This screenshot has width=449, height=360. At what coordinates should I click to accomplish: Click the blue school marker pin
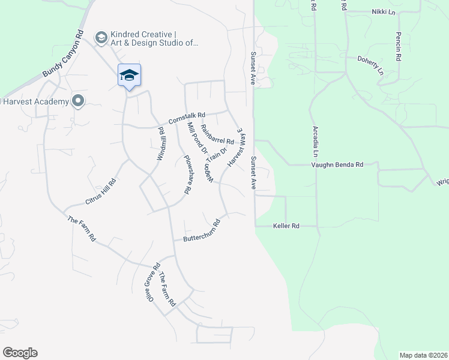coord(129,76)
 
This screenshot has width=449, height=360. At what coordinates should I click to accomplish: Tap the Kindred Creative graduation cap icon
coord(101,38)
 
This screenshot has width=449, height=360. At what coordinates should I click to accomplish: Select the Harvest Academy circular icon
coord(77,101)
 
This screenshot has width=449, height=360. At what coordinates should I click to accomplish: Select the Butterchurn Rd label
coord(202,230)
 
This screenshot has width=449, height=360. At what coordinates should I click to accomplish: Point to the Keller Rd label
coord(286,226)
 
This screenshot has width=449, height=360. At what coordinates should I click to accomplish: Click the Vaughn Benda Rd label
coord(337,164)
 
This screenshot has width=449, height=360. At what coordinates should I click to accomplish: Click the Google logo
coord(20,353)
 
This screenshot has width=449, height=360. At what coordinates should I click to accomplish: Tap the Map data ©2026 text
coord(423,355)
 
